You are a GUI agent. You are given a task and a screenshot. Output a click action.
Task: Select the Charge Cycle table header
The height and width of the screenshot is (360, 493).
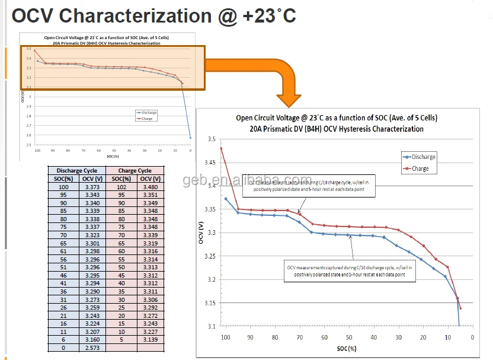[x=135, y=170]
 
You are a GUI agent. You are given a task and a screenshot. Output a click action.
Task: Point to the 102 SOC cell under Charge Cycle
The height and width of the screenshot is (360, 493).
[x=121, y=186]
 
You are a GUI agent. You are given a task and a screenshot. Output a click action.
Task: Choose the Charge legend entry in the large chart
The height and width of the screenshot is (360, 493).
[x=420, y=169]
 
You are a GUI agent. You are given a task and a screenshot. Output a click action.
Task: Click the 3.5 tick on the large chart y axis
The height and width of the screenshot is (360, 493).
[x=212, y=139]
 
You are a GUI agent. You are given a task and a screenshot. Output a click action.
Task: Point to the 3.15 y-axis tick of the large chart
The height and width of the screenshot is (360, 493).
[x=210, y=303]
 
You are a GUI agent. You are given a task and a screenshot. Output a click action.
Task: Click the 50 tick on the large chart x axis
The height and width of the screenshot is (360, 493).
[x=349, y=337]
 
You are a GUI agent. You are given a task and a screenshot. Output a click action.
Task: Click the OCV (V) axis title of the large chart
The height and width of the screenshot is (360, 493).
[x=202, y=232]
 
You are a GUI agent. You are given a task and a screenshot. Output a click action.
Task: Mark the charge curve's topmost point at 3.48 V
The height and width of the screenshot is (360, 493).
[x=221, y=148]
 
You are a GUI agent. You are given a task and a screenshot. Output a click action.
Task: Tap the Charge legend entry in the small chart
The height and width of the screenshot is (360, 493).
[x=147, y=119]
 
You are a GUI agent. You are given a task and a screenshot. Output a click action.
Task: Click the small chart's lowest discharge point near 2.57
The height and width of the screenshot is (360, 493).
[x=190, y=138]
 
